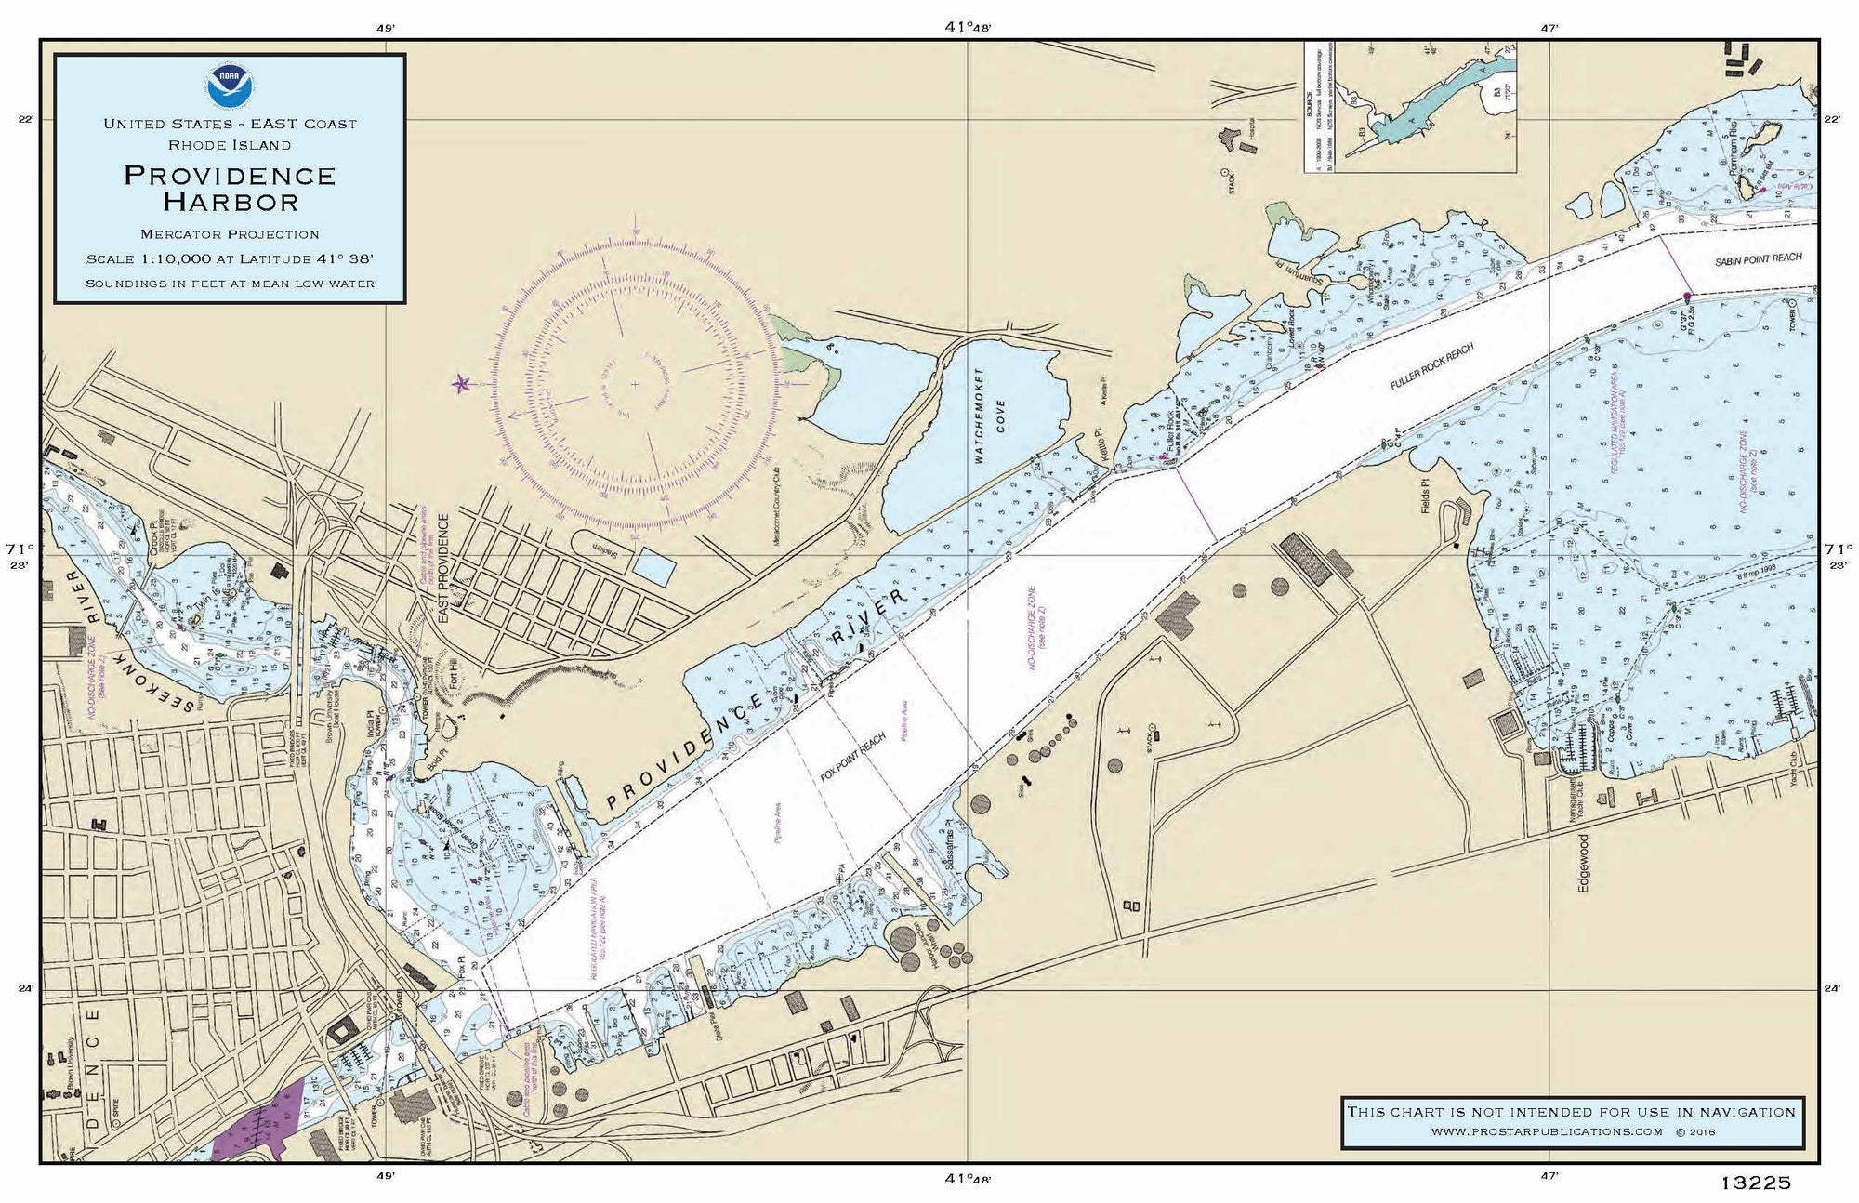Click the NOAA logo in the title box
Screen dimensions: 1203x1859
point(229,86)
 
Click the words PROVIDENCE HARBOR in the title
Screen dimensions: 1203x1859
point(230,188)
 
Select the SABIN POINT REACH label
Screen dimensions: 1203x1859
point(1758,259)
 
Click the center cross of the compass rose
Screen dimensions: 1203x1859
point(636,384)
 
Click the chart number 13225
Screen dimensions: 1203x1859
point(1755,1183)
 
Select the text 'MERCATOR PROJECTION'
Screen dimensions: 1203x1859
point(230,234)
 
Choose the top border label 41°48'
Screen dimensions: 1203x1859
point(968,27)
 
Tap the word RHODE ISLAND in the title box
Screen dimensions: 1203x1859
point(230,145)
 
